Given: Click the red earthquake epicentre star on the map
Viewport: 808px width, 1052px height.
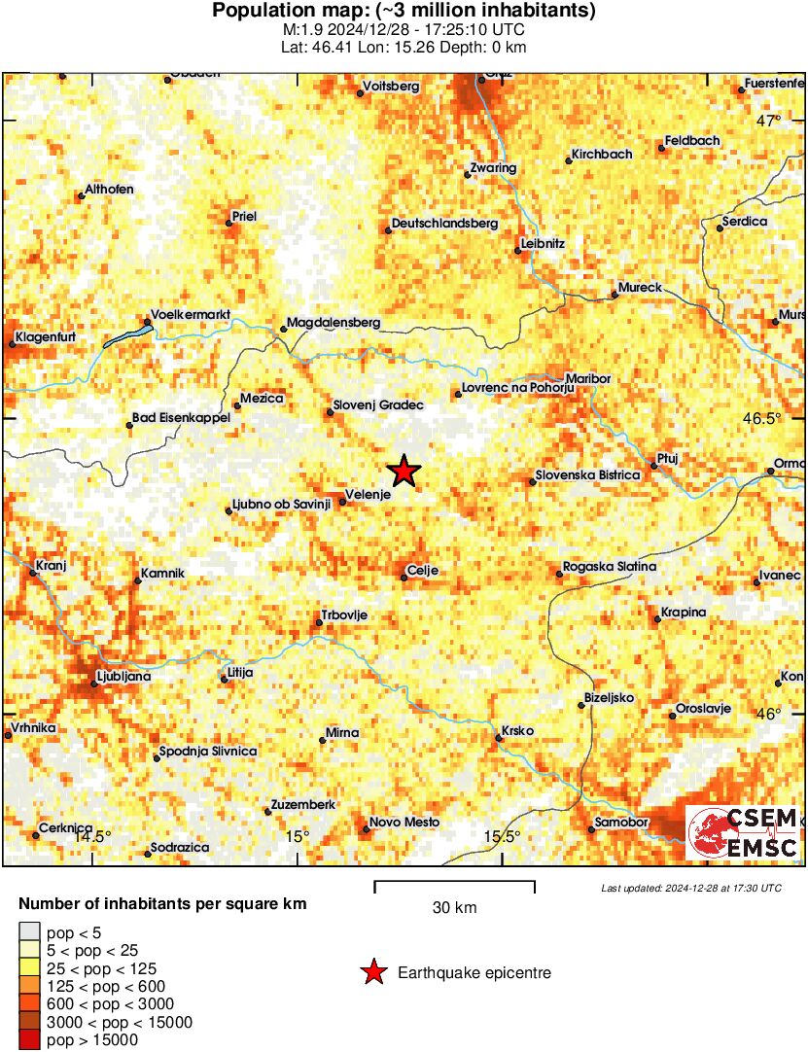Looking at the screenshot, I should click(404, 472).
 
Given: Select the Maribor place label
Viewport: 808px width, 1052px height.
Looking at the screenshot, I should click(590, 378).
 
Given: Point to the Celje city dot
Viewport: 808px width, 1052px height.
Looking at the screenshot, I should click(404, 579).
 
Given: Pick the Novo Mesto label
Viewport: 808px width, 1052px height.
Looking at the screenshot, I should click(404, 823).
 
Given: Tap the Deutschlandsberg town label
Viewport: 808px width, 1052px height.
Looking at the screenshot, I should click(444, 224).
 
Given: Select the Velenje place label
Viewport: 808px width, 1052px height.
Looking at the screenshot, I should click(369, 495).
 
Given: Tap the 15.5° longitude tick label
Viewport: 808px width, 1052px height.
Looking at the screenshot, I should click(503, 837).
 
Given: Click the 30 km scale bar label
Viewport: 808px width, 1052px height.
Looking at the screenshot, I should click(454, 908).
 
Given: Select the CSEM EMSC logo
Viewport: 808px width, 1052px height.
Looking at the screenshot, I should click(743, 832).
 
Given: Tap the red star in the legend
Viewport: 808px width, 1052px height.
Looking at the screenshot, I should click(372, 972).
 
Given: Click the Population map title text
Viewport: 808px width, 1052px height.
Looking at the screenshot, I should click(404, 12).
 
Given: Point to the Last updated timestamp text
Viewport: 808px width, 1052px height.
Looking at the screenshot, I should click(690, 888).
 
